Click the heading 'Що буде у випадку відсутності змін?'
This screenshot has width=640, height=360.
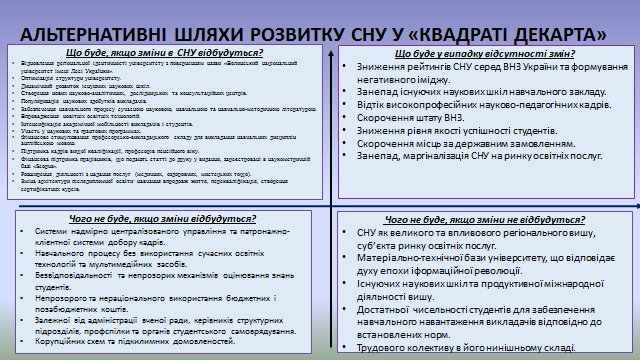485,53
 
